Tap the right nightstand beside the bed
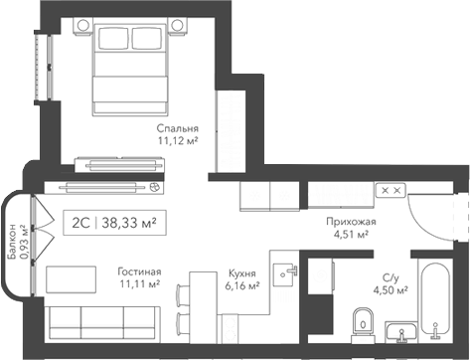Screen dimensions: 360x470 point(178,24)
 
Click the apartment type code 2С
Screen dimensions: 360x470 point(78,223)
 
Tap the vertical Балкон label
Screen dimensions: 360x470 point(12,243)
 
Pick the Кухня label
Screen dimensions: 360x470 point(240,271)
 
